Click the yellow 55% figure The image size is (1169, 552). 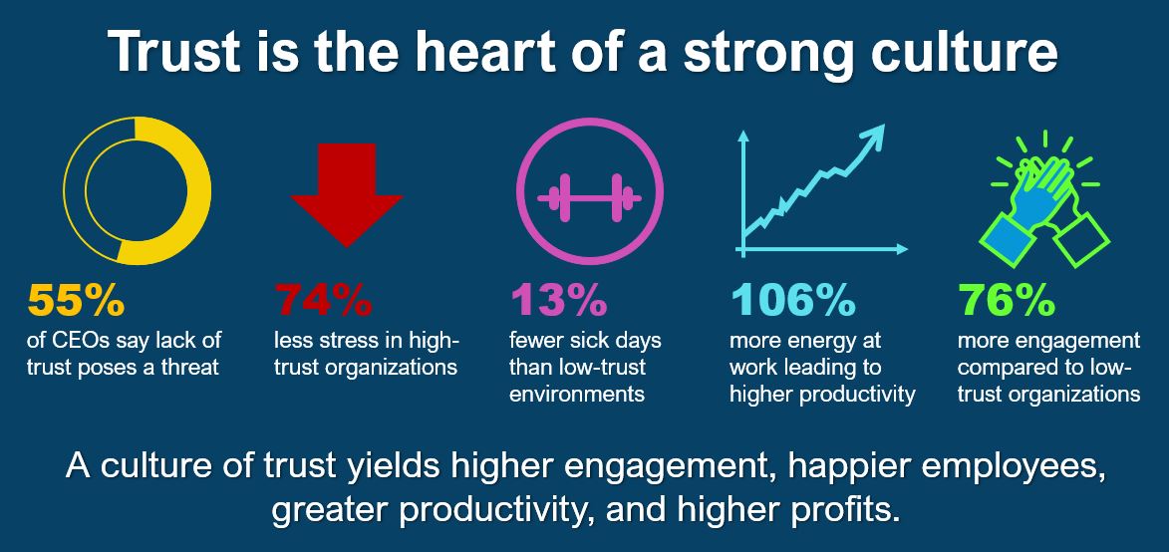point(76,300)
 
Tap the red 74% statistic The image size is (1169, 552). point(323,300)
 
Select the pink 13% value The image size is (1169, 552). point(558,300)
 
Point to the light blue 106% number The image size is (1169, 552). point(792,300)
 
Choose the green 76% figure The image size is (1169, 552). point(1007,300)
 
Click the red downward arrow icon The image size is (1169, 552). point(347,194)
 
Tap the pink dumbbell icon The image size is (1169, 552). point(590,197)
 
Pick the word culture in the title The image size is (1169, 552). point(958,51)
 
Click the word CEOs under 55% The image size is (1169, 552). point(83,341)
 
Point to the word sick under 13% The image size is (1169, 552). point(595,341)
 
